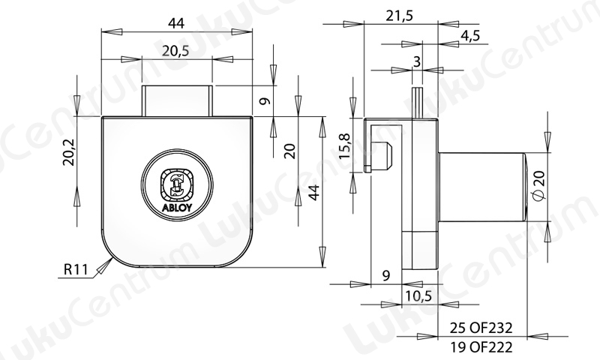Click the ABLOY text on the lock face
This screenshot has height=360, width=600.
[177, 208]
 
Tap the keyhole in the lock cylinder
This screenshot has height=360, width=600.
[176, 184]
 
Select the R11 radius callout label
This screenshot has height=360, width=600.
[76, 270]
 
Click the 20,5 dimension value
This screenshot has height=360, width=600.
[175, 50]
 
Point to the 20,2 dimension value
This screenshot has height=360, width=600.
[69, 151]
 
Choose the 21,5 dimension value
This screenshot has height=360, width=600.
[400, 16]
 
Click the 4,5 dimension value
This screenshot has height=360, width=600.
[470, 35]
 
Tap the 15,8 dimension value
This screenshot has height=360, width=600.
[345, 146]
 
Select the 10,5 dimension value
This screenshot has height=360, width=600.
[418, 295]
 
